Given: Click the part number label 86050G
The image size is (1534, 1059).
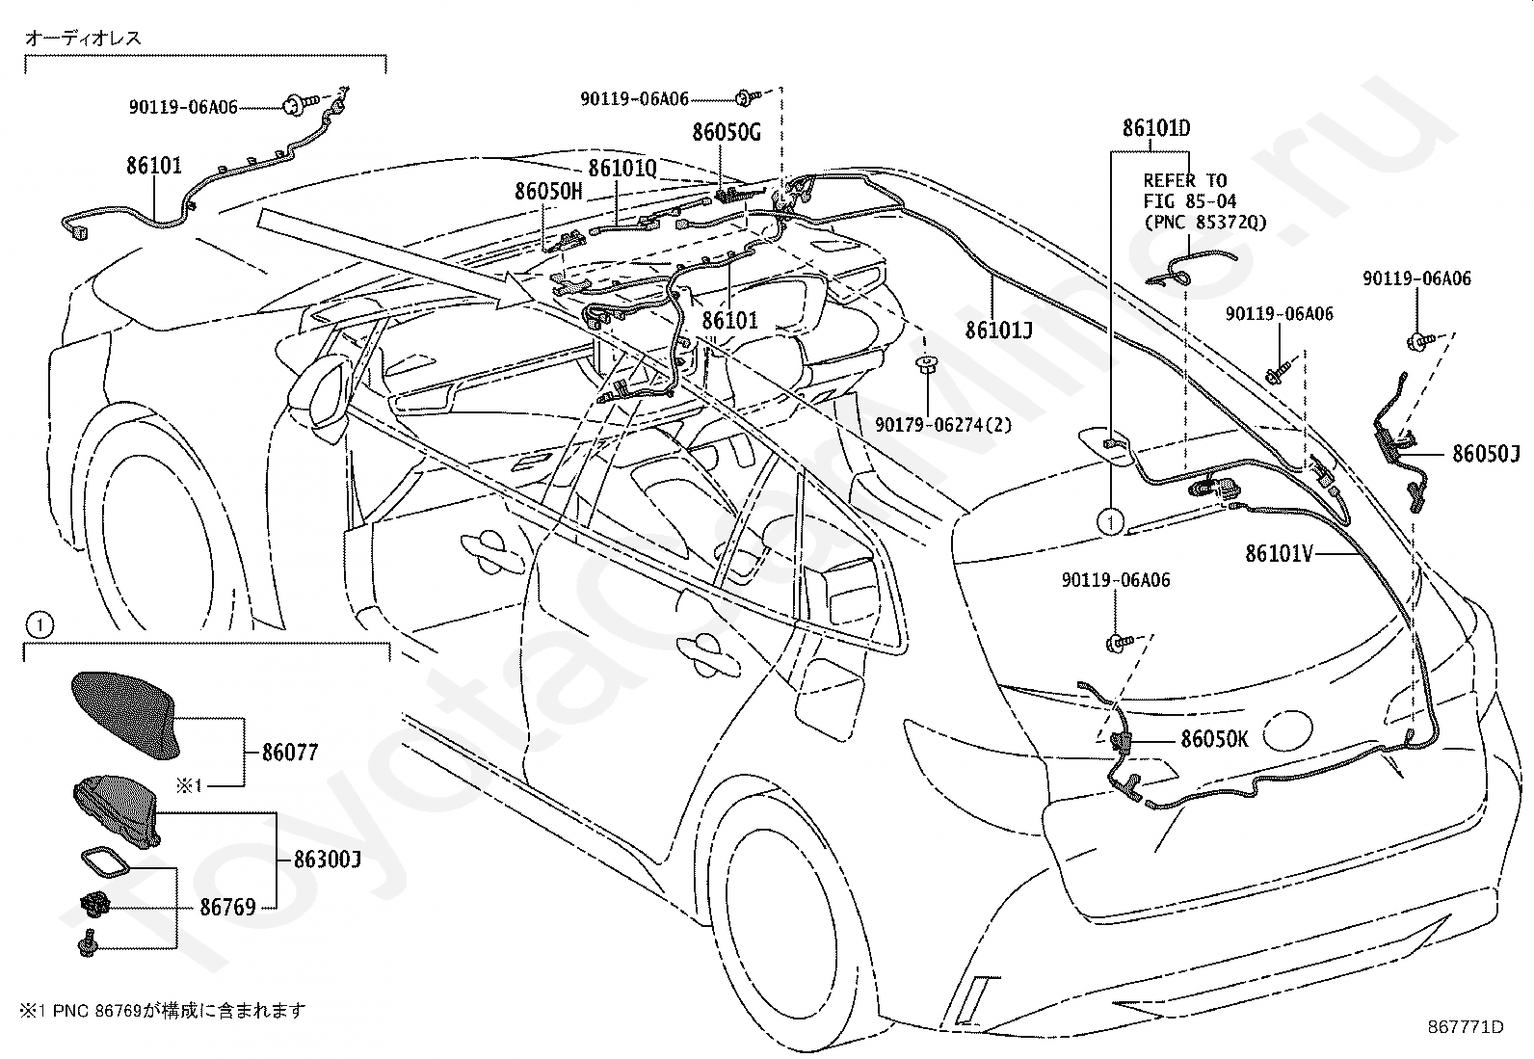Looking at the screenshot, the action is (727, 131).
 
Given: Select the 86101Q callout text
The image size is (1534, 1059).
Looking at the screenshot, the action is (622, 168).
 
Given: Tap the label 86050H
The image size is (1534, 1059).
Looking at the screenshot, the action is (548, 191).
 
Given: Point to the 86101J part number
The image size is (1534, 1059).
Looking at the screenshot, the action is (998, 331).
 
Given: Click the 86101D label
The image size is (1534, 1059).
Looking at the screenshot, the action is (1156, 128).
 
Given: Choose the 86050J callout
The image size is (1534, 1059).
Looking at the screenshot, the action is (1486, 454).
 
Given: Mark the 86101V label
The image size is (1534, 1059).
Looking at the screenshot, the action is (1280, 553).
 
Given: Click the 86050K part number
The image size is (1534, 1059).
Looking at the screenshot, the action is (1214, 739).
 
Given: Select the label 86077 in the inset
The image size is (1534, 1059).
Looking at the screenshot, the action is (290, 753).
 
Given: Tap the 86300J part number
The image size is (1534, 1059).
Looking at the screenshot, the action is (328, 859).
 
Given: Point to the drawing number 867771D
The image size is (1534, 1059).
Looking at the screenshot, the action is (1466, 1027).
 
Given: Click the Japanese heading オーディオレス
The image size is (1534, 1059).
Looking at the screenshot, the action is (83, 39).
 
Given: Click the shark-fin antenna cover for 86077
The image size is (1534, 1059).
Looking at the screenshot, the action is (124, 714).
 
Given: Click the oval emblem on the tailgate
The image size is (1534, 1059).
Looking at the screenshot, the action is (1287, 730).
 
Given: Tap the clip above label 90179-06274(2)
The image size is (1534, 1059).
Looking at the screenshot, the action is (927, 364).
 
